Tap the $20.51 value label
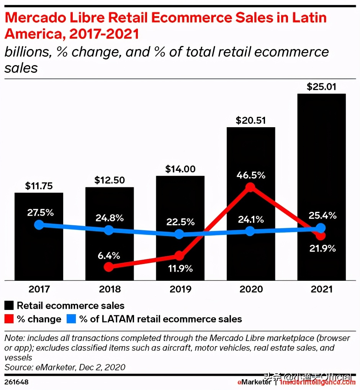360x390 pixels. tap(250, 120)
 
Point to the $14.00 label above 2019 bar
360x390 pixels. tap(180, 169)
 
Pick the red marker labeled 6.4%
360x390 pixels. tap(109, 267)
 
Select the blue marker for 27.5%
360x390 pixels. tap(39, 224)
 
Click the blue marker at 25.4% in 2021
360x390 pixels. tap(321, 228)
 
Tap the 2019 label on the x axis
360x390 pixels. tap(180, 289)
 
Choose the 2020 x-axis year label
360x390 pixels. tap(251, 289)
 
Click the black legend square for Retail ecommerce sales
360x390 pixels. tap(9, 305)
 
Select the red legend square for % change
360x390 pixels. tap(9, 319)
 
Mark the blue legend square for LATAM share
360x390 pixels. tap(72, 319)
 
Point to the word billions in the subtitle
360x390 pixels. tap(26, 52)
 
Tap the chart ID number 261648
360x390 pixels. tap(16, 382)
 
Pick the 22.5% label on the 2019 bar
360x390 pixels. tap(180, 222)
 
